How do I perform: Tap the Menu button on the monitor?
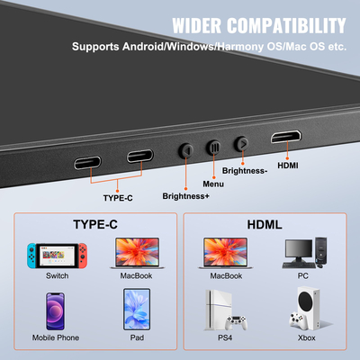pos(213,145)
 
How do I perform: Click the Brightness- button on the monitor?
pos(241,142)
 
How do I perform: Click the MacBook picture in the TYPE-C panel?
pos(137,253)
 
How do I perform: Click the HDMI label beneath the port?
pos(288,165)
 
